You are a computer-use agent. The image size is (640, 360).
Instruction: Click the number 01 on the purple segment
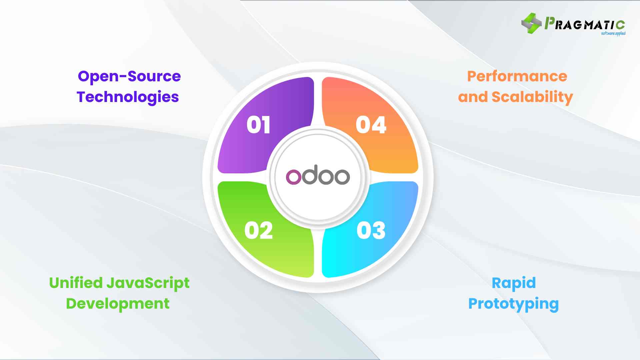258,125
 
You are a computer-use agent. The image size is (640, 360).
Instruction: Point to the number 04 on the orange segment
371,125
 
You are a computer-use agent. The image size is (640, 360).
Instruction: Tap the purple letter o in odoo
293,177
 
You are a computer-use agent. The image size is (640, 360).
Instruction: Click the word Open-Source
129,77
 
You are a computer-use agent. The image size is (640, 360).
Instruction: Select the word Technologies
128,97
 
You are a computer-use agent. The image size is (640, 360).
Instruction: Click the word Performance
517,77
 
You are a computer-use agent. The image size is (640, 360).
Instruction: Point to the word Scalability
532,97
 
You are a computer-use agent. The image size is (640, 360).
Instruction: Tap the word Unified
76,283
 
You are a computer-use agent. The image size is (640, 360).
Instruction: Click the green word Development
118,304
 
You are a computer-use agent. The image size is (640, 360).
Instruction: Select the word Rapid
514,283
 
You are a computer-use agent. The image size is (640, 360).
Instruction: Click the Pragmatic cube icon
531,23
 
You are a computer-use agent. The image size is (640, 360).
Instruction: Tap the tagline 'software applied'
613,33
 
